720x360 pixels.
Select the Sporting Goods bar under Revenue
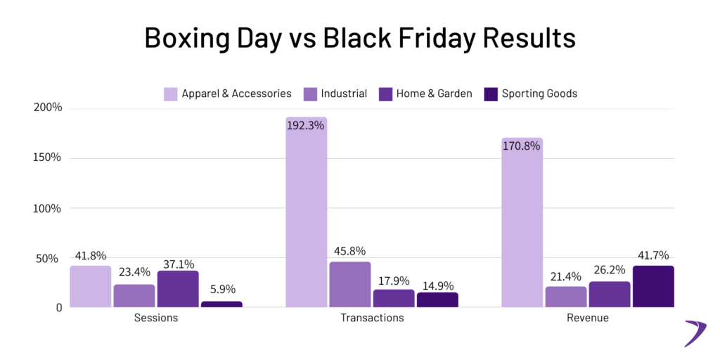click(x=653, y=286)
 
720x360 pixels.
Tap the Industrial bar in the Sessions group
click(x=134, y=295)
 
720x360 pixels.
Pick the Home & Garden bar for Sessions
click(x=177, y=289)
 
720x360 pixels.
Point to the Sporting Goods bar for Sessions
click(x=221, y=304)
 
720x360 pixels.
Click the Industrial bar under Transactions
click(x=349, y=284)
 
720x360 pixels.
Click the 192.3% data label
click(x=306, y=127)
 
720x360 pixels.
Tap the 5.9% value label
click(x=221, y=290)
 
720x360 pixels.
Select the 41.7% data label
click(x=653, y=255)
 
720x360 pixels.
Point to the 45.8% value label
click(x=349, y=251)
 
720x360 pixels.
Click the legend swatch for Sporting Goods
click(x=491, y=94)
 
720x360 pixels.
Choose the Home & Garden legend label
click(x=434, y=94)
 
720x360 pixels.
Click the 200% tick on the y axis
click(x=46, y=108)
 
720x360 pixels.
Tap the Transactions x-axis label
click(x=372, y=318)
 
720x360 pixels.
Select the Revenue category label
click(x=587, y=318)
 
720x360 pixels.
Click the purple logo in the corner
click(x=695, y=332)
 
